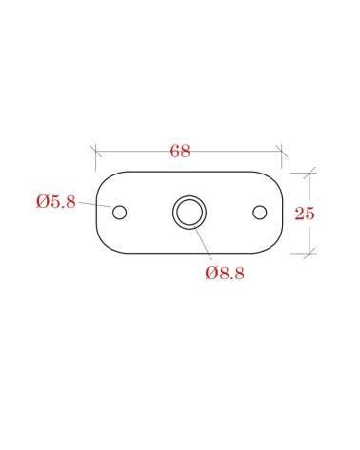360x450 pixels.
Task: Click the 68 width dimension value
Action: (180, 151)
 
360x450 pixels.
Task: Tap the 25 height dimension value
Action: (305, 214)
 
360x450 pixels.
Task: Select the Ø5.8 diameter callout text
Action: (56, 201)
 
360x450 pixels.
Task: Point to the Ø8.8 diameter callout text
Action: (225, 273)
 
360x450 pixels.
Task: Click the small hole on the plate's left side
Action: (120, 213)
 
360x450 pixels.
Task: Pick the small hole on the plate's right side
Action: (260, 213)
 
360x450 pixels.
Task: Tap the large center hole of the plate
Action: (190, 213)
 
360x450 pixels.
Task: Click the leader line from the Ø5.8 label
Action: (95, 204)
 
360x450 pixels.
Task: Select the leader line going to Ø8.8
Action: (203, 244)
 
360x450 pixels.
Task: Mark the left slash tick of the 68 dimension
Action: (95, 151)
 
